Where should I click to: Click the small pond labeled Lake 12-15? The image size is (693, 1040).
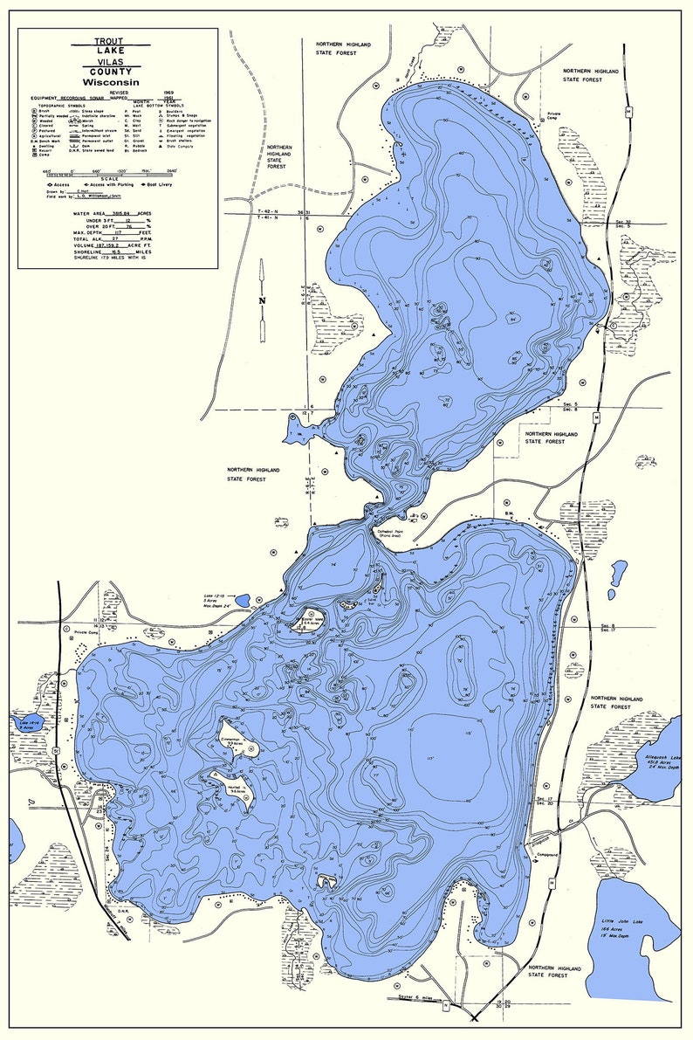[242, 601]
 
